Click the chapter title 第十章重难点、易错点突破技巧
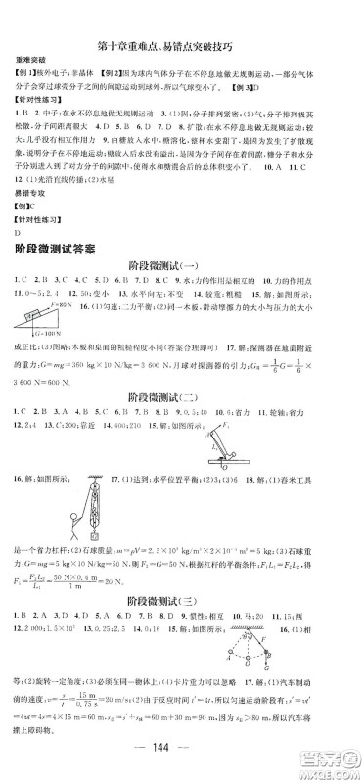[181, 20]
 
